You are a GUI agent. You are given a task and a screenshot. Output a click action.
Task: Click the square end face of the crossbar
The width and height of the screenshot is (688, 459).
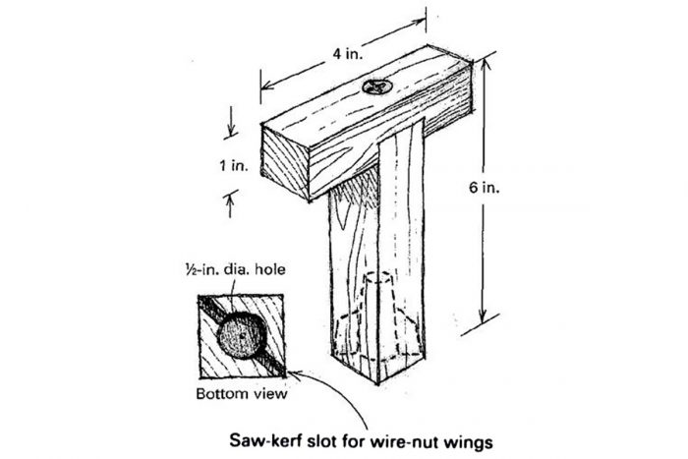[x=286, y=161]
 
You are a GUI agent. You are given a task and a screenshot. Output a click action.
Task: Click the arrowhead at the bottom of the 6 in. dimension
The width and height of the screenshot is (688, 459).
[x=483, y=319]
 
